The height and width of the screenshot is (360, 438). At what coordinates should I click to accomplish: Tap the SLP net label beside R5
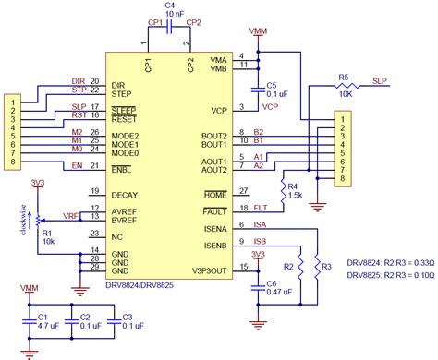(379, 81)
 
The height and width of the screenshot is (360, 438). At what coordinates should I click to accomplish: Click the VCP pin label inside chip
(219, 110)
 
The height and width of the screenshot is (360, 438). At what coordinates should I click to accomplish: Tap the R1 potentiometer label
(48, 234)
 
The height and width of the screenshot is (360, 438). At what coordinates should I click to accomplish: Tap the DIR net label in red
(79, 81)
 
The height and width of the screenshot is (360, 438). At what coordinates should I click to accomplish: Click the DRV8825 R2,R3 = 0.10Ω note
(386, 276)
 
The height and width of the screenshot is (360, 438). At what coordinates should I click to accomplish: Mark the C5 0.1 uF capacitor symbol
(259, 89)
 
